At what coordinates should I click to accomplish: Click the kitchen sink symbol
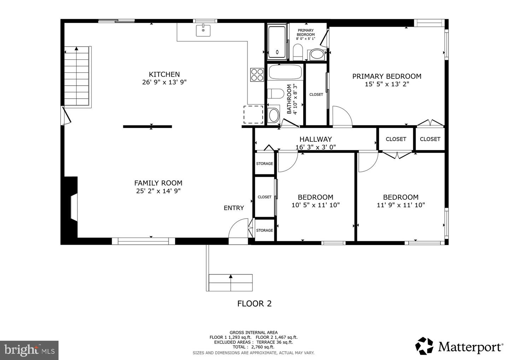pos(203,30)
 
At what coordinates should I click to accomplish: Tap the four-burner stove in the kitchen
pos(257,75)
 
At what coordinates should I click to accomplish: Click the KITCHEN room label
pos(164,74)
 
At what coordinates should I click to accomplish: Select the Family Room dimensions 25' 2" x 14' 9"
pos(158,191)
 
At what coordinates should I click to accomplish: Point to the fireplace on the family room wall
pos(72,208)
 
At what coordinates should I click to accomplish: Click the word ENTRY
pos(234,208)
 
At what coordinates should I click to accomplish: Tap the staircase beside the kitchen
pos(77,76)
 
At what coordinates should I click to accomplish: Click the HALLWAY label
pos(315,139)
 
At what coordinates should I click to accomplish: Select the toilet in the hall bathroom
pos(275,94)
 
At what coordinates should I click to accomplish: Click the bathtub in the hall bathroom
pos(285,72)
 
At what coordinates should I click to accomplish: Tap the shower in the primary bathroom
pos(277,42)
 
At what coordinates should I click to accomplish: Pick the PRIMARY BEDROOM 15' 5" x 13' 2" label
pos(387,80)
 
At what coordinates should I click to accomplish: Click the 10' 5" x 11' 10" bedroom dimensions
pos(315,205)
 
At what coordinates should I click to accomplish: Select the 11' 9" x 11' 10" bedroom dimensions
pos(400,205)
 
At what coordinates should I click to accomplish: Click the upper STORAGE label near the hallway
pos(264,164)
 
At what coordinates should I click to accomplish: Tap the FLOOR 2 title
pos(254,303)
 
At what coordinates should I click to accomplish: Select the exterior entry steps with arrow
pos(230,282)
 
